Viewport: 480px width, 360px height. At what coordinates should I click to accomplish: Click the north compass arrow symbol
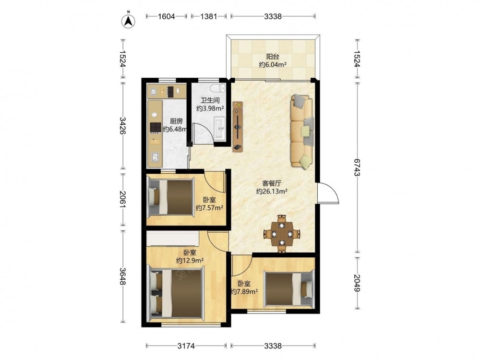[x=129, y=21]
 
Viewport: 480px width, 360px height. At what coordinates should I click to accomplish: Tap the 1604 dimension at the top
[x=166, y=16]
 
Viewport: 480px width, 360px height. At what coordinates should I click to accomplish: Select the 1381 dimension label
[x=209, y=16]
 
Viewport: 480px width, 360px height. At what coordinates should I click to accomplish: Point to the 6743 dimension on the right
[x=357, y=167]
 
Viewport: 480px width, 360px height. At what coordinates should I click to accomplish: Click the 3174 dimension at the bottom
[x=186, y=346]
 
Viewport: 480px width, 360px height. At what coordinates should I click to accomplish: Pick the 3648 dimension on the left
[x=123, y=276]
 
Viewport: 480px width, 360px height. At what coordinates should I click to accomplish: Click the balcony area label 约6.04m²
[x=273, y=65]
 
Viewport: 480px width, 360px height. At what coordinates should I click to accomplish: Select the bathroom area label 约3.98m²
[x=210, y=108]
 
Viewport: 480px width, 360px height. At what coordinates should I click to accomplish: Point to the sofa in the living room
[x=302, y=131]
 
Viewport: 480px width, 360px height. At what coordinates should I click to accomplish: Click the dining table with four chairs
[x=281, y=234]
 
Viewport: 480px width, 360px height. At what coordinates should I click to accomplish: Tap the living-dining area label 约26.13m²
[x=272, y=192]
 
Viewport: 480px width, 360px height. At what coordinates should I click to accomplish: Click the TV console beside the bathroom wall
[x=238, y=126]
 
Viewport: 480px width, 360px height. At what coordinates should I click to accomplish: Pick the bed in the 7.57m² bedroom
[x=171, y=197]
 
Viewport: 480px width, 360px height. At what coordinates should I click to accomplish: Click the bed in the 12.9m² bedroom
[x=177, y=293]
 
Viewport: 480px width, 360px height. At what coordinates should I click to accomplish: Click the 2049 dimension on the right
[x=357, y=283]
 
